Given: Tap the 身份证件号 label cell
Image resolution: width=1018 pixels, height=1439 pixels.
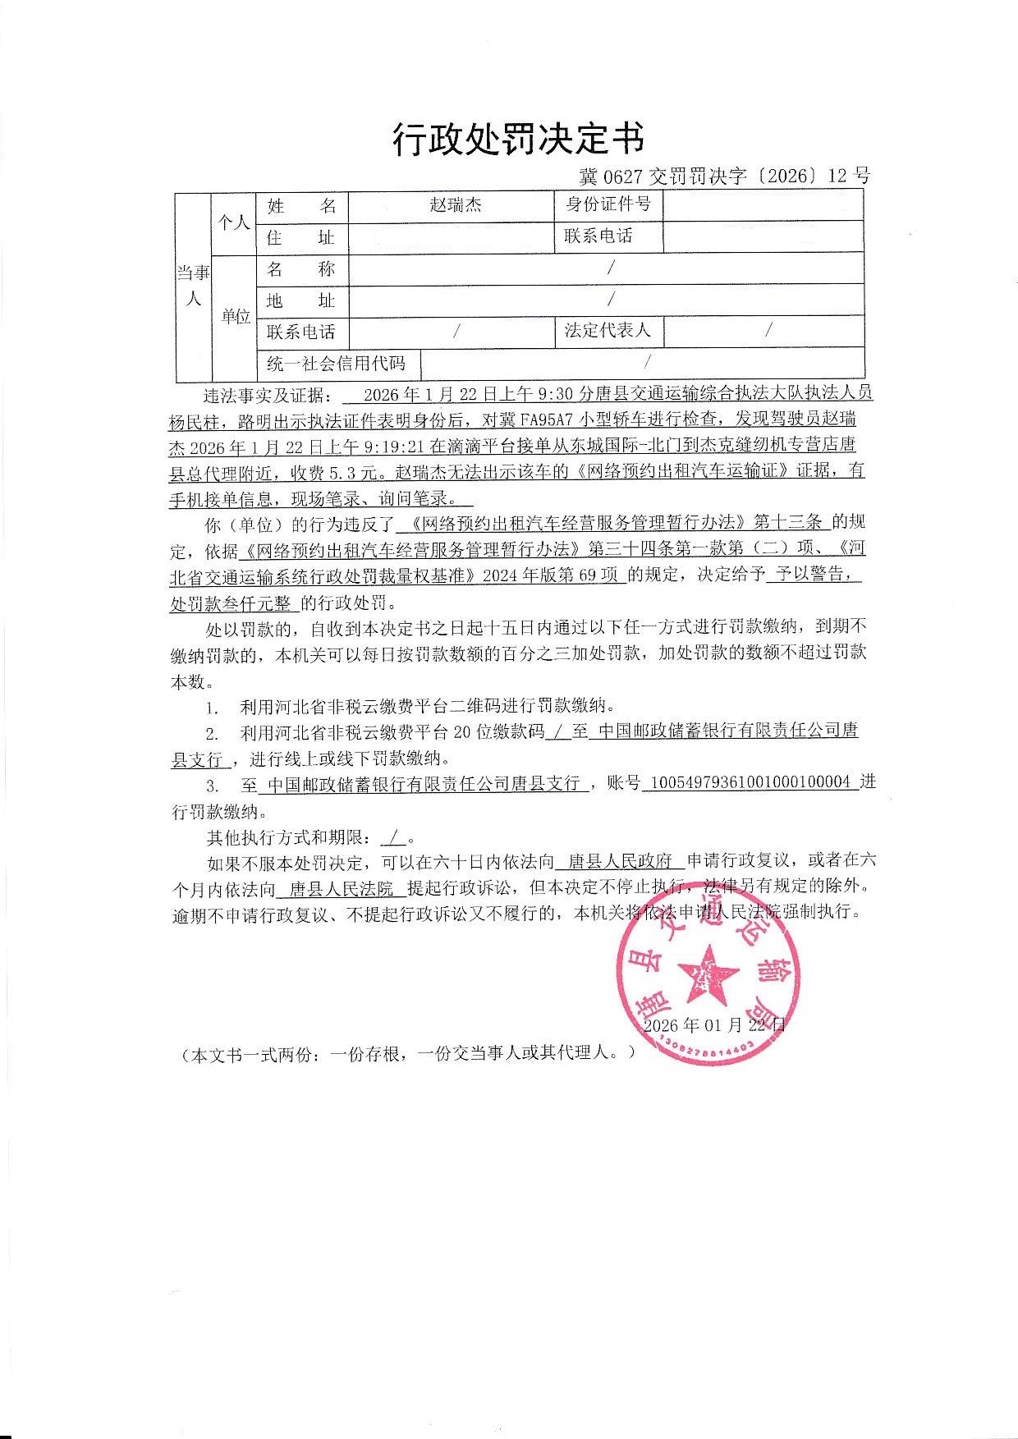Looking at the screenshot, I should pyautogui.click(x=608, y=204).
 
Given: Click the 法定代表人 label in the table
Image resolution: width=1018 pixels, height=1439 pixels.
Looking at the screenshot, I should pyautogui.click(x=608, y=331).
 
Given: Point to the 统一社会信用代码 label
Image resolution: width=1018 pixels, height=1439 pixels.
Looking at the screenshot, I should pyautogui.click(x=336, y=363).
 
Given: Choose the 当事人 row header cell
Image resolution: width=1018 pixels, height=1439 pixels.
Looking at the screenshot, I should pyautogui.click(x=194, y=285).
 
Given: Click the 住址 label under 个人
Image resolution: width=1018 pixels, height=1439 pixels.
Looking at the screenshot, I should pyautogui.click(x=300, y=237).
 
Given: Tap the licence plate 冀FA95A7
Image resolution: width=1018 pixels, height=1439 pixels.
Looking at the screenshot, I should pyautogui.click(x=538, y=421).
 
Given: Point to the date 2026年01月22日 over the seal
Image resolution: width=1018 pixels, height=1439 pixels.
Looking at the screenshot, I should pyautogui.click(x=715, y=1024).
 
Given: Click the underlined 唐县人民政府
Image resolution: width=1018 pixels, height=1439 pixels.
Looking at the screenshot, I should pyautogui.click(x=621, y=861).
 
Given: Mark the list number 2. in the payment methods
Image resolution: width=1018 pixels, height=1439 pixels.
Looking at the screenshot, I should pyautogui.click(x=212, y=732).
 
